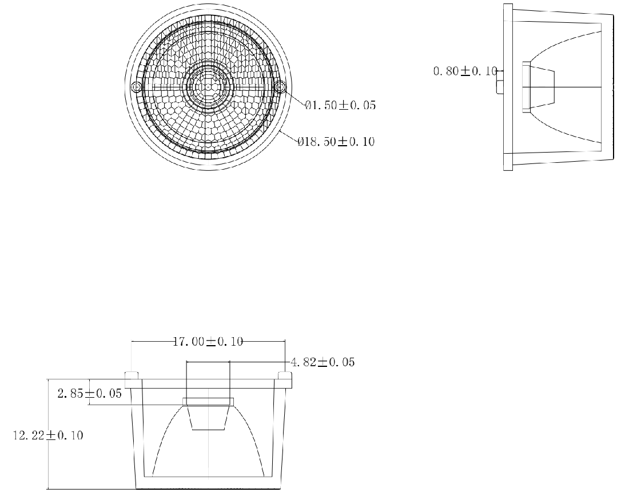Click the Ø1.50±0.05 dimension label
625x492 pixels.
340,105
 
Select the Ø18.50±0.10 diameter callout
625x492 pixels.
336,141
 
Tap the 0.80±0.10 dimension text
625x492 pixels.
465,71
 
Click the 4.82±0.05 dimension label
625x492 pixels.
323,362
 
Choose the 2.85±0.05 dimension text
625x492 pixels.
90,394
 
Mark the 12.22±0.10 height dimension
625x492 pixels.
48,435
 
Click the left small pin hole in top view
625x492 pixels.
136,86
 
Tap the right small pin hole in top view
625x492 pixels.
281,86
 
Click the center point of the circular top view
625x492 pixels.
208,86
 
